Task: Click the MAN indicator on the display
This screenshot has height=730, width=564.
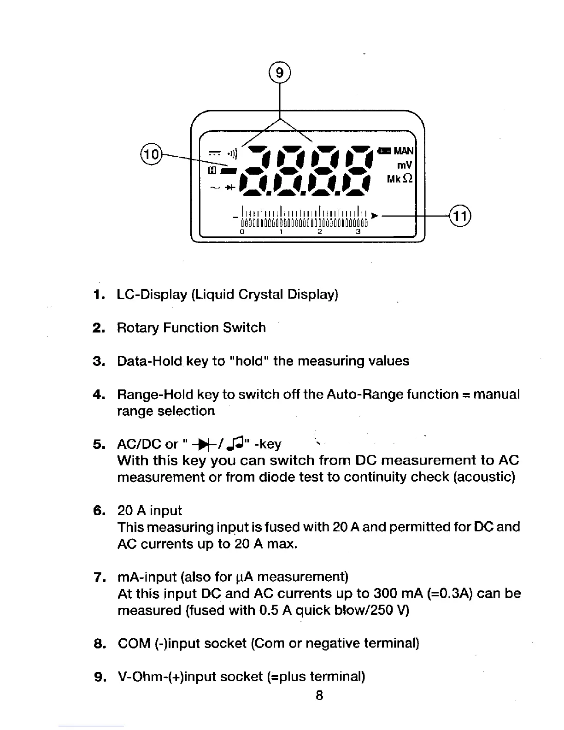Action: [405, 151]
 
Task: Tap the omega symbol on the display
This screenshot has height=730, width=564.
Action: [407, 179]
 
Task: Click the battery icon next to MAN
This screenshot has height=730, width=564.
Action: [383, 151]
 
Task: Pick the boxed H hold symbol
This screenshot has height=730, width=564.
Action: [212, 171]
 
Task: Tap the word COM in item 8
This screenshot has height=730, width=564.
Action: [135, 643]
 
